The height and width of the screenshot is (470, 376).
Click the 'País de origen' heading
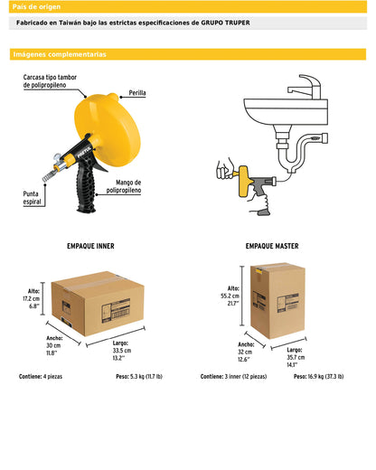36,6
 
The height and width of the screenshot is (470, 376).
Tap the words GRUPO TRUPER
225,23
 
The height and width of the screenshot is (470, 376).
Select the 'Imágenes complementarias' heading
60,54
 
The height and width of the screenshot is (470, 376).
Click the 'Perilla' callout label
137,93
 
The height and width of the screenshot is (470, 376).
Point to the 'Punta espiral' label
32,198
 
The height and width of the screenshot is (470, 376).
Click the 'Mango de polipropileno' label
124,186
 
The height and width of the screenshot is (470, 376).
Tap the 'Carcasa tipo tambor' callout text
50,77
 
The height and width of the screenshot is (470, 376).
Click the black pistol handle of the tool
86,187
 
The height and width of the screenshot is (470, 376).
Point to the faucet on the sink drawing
305,87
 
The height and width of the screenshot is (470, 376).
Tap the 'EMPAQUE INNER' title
90,246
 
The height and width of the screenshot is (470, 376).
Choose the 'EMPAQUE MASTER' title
272,246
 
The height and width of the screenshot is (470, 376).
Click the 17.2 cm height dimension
32,298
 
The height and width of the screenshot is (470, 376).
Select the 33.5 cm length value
122,351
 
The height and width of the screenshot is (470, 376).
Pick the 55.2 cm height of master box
230,296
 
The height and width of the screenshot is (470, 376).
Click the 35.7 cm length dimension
296,357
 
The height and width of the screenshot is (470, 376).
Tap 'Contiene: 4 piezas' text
41,376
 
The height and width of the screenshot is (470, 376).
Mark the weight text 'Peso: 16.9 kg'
308,376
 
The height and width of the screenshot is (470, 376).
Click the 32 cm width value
245,352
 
